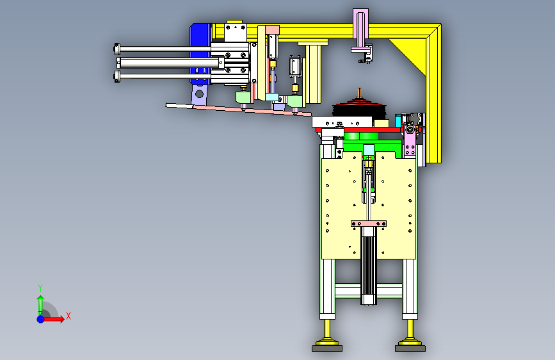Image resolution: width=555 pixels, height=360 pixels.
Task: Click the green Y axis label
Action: pyautogui.click(x=40, y=288)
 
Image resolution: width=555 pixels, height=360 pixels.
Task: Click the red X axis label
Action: pyautogui.click(x=68, y=316)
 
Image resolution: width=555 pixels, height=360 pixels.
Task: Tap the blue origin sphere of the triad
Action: pyautogui.click(x=41, y=319)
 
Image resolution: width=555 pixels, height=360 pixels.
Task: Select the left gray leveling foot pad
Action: pyautogui.click(x=327, y=348)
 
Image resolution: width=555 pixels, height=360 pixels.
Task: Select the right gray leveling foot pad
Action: pyautogui.click(x=410, y=348)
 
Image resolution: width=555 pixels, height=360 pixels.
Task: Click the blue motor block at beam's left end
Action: pyautogui.click(x=200, y=53)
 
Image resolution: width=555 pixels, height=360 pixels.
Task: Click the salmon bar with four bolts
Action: pyautogui.click(x=369, y=224)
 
